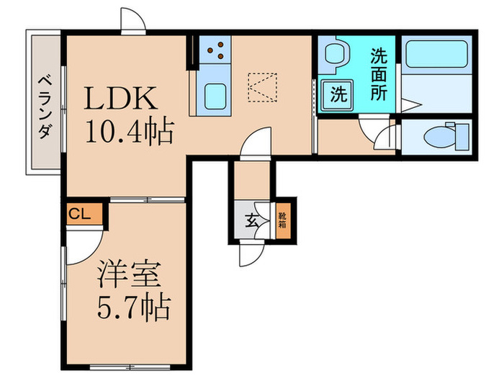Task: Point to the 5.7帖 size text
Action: click(135, 307)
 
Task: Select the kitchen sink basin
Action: click(215, 94)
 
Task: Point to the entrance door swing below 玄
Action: click(253, 252)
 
